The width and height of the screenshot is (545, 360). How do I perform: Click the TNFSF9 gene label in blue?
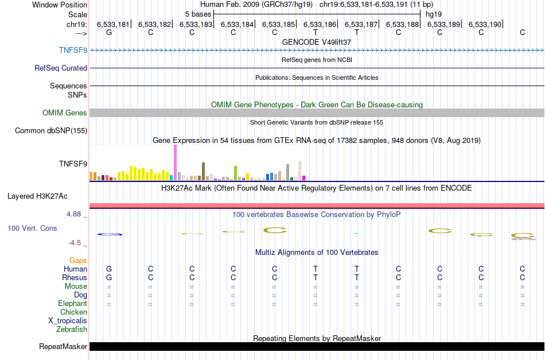click(x=73, y=50)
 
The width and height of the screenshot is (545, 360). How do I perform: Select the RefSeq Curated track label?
click(x=61, y=68)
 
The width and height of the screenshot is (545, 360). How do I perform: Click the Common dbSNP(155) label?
click(x=51, y=131)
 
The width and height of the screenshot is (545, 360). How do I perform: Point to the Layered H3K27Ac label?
click(x=37, y=196)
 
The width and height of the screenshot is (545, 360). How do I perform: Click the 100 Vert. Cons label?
click(x=32, y=228)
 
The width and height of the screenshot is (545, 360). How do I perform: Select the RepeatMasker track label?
click(x=63, y=346)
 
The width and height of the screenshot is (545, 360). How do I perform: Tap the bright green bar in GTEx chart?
click(x=235, y=172)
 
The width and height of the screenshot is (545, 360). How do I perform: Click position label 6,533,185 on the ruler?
click(x=279, y=24)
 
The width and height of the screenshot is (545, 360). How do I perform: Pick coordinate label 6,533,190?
click(x=485, y=24)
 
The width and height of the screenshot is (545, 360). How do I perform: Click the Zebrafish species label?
click(x=72, y=330)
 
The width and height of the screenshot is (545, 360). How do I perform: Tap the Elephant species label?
click(x=72, y=304)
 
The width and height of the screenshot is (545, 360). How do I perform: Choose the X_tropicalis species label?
click(x=68, y=321)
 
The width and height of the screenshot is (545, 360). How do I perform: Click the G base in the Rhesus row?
click(x=109, y=277)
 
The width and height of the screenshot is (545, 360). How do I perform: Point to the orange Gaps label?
click(x=78, y=260)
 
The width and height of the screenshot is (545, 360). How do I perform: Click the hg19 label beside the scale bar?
click(x=433, y=14)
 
